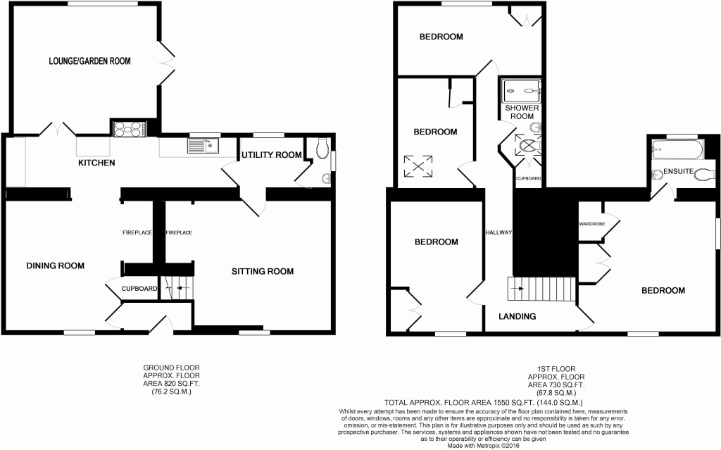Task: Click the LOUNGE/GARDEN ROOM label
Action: tap(89, 61)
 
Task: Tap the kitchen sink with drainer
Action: tap(203, 145)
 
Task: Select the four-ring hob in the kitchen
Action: tap(130, 128)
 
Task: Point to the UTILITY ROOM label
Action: tap(272, 155)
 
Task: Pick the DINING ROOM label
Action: tap(55, 265)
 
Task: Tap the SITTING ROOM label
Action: tap(263, 271)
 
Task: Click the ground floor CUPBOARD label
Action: tap(139, 289)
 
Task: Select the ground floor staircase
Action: tap(177, 288)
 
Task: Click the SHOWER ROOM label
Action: tap(522, 112)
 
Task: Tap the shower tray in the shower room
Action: tap(521, 91)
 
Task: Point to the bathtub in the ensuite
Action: tap(675, 149)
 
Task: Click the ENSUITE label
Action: tap(678, 171)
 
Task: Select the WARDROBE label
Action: tap(591, 224)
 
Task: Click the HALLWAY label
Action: tap(499, 233)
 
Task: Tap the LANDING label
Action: tap(518, 317)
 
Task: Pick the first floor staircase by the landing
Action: tap(541, 289)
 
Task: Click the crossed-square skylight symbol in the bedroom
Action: tap(418, 166)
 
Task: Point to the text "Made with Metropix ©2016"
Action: tap(484, 445)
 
